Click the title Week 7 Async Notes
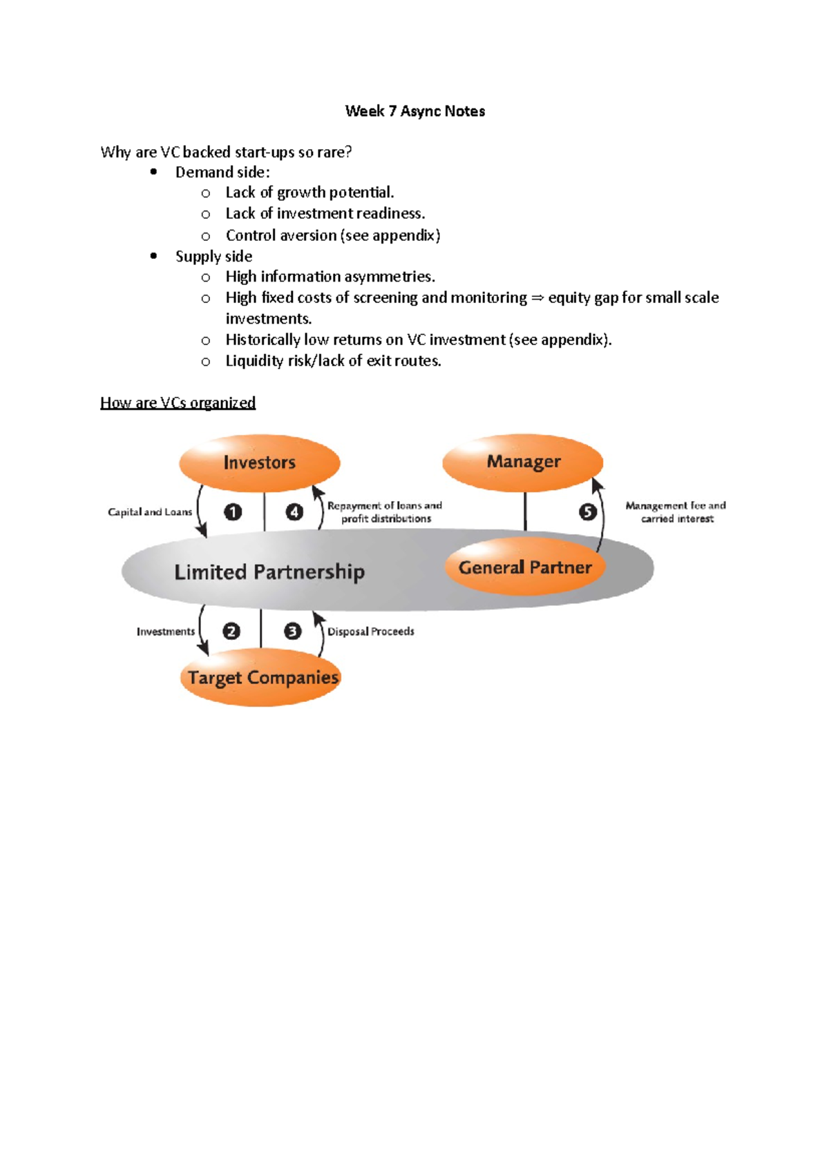[414, 111]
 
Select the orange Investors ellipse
[259, 462]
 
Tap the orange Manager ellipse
[523, 462]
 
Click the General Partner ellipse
[525, 567]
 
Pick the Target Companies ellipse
[263, 678]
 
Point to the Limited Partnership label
[269, 572]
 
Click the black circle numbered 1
[233, 511]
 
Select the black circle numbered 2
[231, 631]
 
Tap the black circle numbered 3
[292, 631]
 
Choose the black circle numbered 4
[294, 511]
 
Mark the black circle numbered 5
[587, 511]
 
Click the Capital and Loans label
[150, 512]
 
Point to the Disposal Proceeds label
[371, 632]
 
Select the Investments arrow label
[166, 632]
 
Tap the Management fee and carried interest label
[676, 512]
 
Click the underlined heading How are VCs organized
[178, 402]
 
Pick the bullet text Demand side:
[222, 173]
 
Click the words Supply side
[213, 257]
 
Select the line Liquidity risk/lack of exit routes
[333, 361]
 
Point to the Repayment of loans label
[385, 506]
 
